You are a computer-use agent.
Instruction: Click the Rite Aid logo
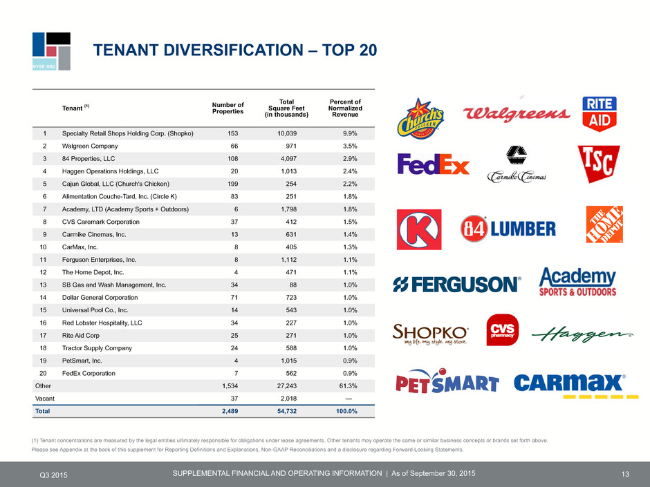(600, 114)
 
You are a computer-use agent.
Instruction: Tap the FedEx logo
(433, 164)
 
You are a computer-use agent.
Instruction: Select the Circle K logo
(418, 229)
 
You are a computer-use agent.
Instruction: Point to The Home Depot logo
(604, 225)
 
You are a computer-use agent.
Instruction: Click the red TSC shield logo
(599, 164)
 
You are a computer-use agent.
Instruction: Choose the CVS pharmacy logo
(503, 330)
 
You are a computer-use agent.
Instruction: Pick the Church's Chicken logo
(420, 118)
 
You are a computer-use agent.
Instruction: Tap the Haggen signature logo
(582, 334)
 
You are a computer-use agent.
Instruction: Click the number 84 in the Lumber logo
(474, 228)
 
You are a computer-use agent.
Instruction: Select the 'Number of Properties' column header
(228, 108)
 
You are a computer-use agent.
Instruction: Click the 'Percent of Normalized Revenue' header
(345, 108)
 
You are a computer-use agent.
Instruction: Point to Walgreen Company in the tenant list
(90, 146)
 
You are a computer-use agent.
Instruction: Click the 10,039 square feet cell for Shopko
(287, 133)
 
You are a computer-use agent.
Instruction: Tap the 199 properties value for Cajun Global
(233, 184)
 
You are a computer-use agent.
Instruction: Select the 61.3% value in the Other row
(349, 386)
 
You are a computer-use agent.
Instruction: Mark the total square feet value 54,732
(287, 411)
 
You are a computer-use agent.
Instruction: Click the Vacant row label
(45, 399)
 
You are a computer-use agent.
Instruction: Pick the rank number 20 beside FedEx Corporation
(43, 373)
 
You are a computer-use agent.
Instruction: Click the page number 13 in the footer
(625, 474)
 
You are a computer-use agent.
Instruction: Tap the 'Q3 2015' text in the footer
(53, 475)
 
